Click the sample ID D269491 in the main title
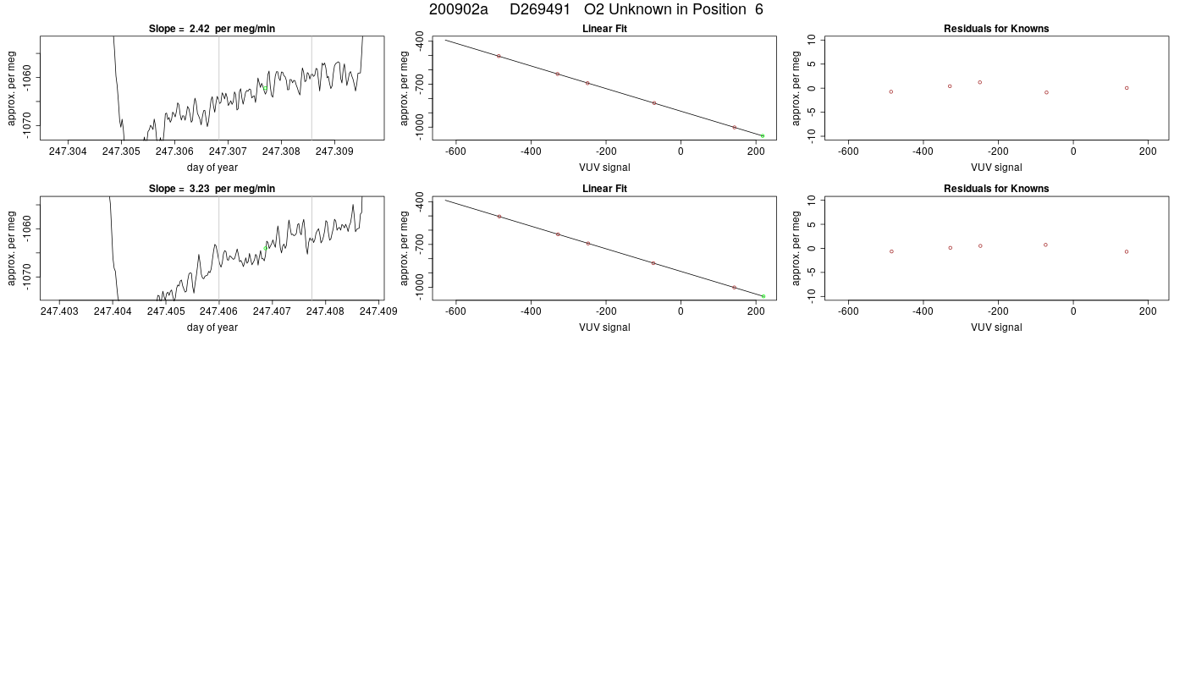coord(540,9)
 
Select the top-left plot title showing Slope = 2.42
coord(212,29)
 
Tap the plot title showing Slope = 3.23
coord(212,189)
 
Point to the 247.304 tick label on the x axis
coord(68,151)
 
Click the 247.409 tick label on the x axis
coord(378,311)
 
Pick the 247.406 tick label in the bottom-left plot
coord(218,311)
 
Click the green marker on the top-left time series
coord(265,88)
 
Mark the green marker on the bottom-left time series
coord(265,248)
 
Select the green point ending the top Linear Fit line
coord(763,136)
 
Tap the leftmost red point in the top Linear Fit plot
coord(499,56)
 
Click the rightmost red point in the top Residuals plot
coord(1127,88)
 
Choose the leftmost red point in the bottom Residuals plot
coord(891,252)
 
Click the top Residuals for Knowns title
coord(996,29)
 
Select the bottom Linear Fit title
coord(604,189)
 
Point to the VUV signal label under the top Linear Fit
coord(604,168)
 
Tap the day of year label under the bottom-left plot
coord(212,327)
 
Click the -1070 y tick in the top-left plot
coord(27,126)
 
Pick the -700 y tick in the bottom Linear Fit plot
coord(420,244)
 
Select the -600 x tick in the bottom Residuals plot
coord(848,311)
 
